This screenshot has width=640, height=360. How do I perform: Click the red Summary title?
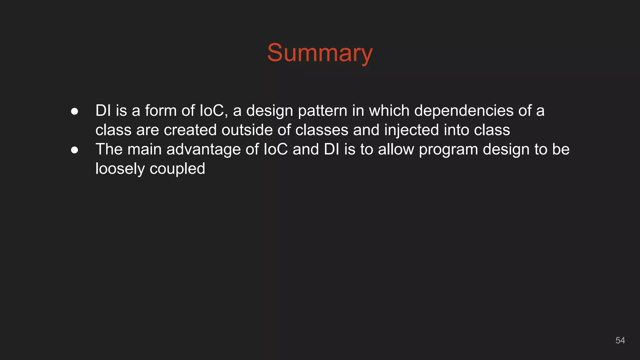point(320,53)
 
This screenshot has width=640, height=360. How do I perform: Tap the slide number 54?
point(620,340)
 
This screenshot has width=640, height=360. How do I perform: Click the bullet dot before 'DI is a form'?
point(74,111)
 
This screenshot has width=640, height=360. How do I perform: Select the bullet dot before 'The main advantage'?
point(74,150)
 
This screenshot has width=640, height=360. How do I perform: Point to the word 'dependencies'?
point(464,111)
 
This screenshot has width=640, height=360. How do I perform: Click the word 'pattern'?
point(322,111)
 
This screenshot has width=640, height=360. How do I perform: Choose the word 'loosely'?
point(120,169)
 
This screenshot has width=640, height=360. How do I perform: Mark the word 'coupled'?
point(177,169)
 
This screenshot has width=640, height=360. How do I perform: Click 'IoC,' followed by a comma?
point(213,111)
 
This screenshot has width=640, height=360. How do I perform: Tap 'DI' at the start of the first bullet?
point(103,111)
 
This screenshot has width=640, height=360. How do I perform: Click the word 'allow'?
point(396,149)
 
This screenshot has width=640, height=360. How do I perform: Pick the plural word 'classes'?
point(322,130)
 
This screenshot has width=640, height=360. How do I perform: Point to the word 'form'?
point(161,111)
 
